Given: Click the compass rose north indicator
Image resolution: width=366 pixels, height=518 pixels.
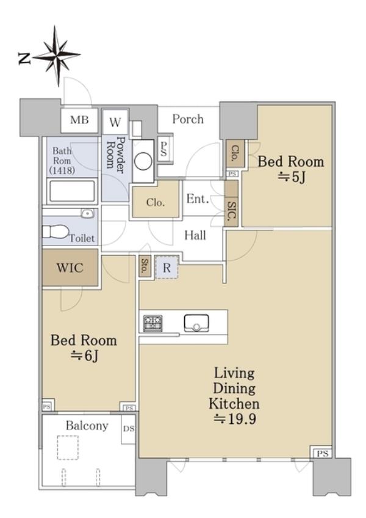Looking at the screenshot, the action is click(56, 56).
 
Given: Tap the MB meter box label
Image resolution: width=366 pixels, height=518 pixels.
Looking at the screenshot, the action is click(79, 120).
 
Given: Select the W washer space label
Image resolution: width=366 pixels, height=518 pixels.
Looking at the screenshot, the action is click(115, 122).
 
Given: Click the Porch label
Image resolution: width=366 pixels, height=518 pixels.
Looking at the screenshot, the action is click(188, 119).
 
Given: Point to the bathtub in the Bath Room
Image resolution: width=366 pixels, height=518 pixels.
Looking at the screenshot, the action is click(72, 191).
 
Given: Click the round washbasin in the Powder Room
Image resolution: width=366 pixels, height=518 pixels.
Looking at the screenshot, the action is click(143, 161).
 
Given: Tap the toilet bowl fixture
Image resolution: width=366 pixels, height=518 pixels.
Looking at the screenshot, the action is click(55, 232).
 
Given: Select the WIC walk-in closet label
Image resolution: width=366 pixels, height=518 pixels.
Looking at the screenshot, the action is click(70, 268).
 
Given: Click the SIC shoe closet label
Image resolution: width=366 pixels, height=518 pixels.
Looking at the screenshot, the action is click(231, 211).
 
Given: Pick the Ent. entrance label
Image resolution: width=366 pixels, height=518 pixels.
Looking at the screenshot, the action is click(198, 199).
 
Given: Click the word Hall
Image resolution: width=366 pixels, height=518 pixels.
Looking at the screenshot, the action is click(195, 235).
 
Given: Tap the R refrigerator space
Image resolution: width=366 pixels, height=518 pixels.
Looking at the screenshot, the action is click(167, 268).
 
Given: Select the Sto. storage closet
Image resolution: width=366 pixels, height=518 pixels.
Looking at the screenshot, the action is click(145, 266).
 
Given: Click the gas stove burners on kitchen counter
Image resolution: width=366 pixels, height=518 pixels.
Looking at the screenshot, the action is click(152, 323).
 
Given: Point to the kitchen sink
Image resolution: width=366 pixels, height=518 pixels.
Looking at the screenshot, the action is click(196, 323).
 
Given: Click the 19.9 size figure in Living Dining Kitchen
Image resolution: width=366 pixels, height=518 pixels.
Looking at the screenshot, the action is click(235, 419).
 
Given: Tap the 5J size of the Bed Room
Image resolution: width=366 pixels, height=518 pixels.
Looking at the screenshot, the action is click(291, 178).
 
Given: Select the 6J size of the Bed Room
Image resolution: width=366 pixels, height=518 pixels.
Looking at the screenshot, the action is click(84, 356).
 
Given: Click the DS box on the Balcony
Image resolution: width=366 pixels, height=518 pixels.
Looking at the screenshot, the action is click(128, 429).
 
